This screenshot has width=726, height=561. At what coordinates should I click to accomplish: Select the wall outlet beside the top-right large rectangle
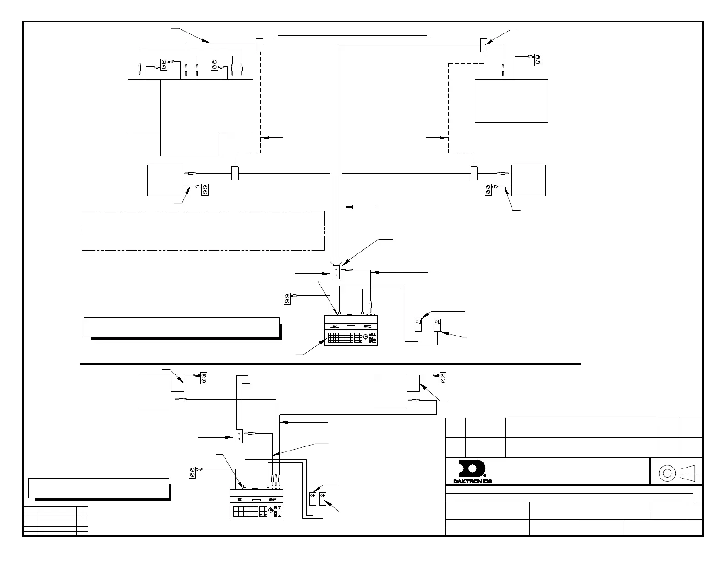point(538,60)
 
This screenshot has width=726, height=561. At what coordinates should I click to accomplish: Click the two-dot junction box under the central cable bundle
point(336,273)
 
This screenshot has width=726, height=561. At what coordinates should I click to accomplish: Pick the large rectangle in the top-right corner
point(511,101)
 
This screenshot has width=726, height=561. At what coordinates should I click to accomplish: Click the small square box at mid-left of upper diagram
point(164,180)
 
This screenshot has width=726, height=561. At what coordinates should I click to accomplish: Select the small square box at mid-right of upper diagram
point(528,180)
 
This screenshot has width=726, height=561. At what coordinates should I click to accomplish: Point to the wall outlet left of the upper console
point(287,299)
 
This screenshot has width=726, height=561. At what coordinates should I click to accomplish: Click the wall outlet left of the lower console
point(192,473)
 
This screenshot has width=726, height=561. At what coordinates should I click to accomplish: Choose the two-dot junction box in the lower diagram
point(239,436)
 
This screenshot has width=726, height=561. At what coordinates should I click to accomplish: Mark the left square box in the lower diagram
point(154,391)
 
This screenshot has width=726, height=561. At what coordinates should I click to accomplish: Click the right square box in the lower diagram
point(390,391)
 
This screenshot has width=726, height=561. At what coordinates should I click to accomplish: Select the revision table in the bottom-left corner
point(55,521)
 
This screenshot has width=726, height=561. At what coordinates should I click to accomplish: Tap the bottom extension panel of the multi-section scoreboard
point(190,144)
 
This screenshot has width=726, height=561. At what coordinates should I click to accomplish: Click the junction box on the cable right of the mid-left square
point(235,173)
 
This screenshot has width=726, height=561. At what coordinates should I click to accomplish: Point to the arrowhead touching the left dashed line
point(264,137)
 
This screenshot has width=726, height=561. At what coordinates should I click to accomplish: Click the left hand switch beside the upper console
point(418,324)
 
